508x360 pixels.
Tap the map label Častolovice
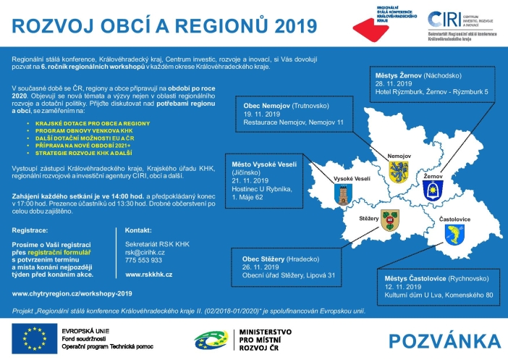[x=455, y=217]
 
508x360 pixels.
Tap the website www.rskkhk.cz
[x=148, y=275]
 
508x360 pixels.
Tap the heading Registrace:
[x=32, y=230]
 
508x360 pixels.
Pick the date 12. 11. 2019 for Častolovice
[x=399, y=286]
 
